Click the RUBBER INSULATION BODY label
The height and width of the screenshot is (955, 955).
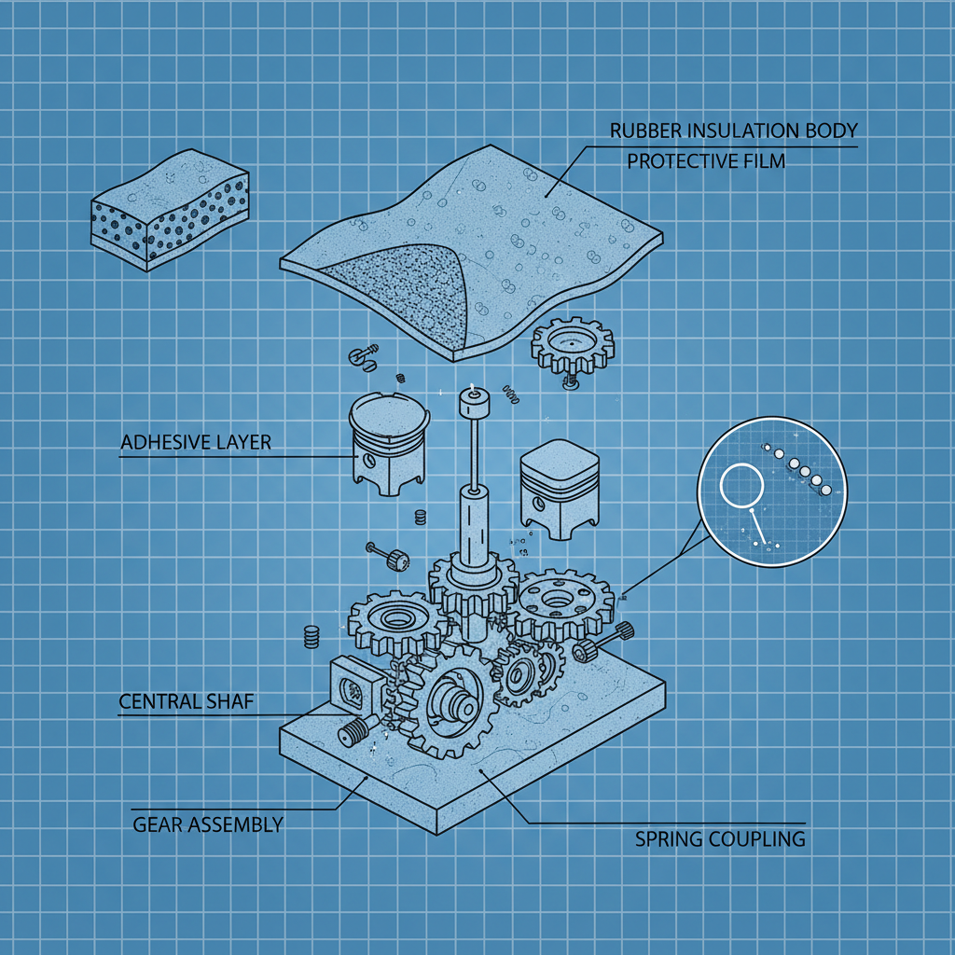pos(733,131)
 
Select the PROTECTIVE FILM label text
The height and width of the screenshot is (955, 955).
pos(705,161)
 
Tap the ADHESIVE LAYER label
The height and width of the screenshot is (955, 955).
pos(196,441)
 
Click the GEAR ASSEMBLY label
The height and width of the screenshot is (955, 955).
pos(207,824)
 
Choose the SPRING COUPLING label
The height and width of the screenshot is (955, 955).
pos(719,838)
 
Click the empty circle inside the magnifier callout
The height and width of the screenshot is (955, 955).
pos(742,486)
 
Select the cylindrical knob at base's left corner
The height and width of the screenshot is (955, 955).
pos(353,733)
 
